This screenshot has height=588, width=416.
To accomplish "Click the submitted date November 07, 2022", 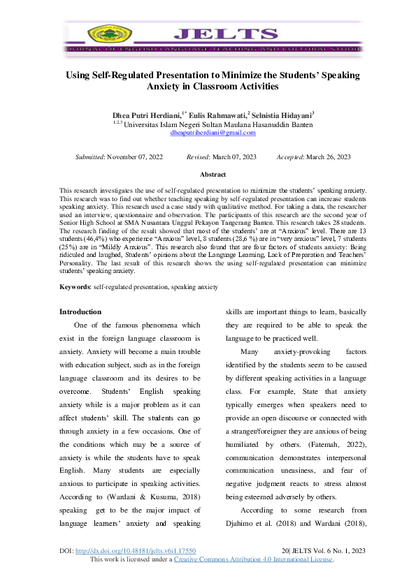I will [x=135, y=157].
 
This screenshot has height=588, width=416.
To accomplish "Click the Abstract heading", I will [x=213, y=174].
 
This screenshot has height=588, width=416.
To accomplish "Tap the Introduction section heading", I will [x=80, y=311].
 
